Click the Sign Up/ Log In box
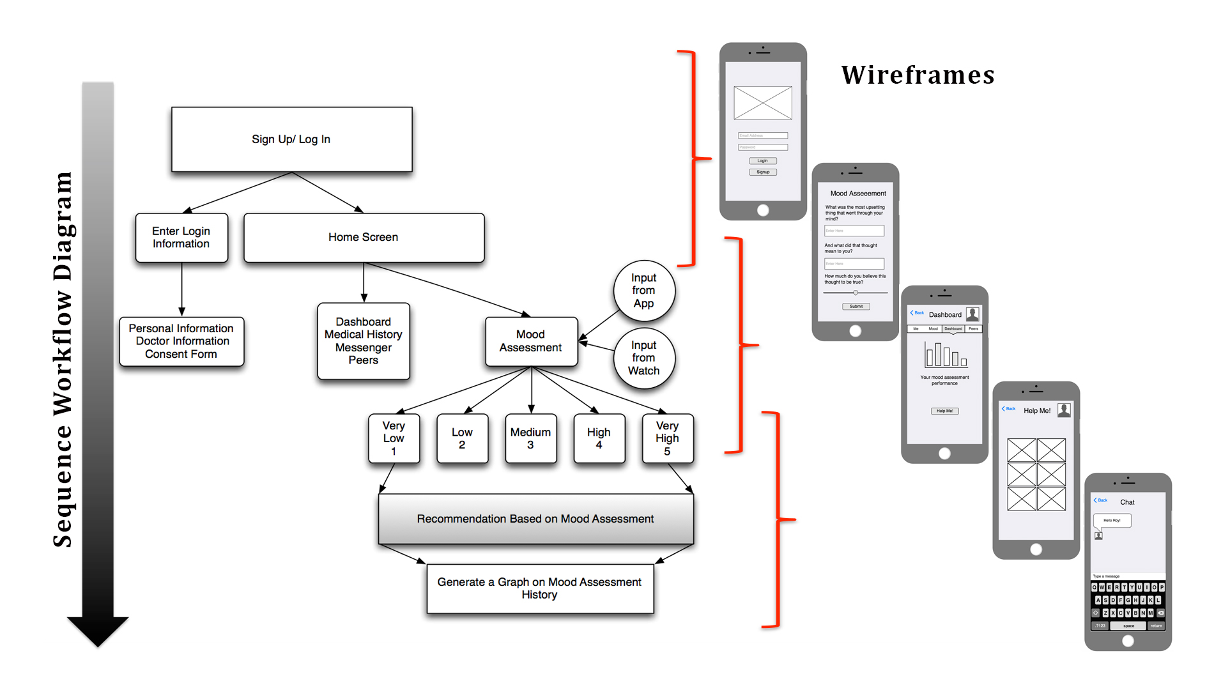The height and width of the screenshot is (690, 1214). click(291, 139)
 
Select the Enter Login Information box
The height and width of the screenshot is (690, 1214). click(181, 238)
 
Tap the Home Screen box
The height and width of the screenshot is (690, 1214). click(364, 237)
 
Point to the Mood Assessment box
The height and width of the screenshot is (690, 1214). click(531, 341)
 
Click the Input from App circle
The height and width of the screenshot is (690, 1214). click(644, 291)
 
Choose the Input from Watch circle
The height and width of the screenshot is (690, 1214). click(644, 358)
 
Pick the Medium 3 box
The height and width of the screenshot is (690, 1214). click(530, 438)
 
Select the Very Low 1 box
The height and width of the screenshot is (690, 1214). click(394, 438)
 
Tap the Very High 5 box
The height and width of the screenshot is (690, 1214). click(667, 438)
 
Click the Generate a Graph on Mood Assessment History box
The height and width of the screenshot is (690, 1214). click(540, 588)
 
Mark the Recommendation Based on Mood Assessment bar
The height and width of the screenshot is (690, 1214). click(535, 519)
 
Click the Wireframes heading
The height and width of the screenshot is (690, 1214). click(918, 75)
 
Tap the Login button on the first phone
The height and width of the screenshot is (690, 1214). click(763, 161)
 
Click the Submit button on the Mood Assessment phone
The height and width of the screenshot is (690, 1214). click(856, 307)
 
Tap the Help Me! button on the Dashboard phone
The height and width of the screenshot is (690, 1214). click(944, 411)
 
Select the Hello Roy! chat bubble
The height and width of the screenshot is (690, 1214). click(1112, 521)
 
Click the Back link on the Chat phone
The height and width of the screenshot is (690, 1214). click(1101, 500)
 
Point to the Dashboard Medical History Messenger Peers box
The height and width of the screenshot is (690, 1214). click(364, 341)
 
